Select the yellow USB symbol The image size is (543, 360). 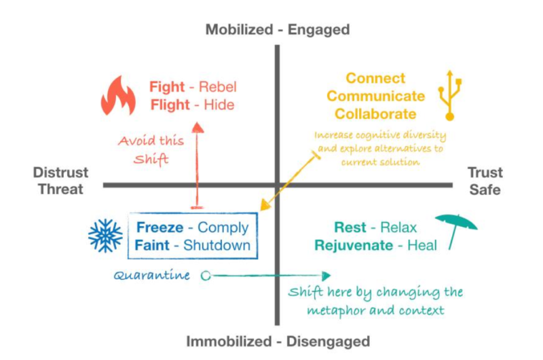[449, 94]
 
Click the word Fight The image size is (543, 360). [167, 87]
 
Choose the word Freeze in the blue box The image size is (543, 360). [160, 228]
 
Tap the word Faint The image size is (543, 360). [152, 245]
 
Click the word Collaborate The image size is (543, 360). [375, 113]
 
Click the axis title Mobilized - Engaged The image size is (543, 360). [278, 29]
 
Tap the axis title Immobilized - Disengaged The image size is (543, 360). [278, 341]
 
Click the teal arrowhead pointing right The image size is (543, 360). [326, 276]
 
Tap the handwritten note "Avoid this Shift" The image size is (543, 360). [151, 149]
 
